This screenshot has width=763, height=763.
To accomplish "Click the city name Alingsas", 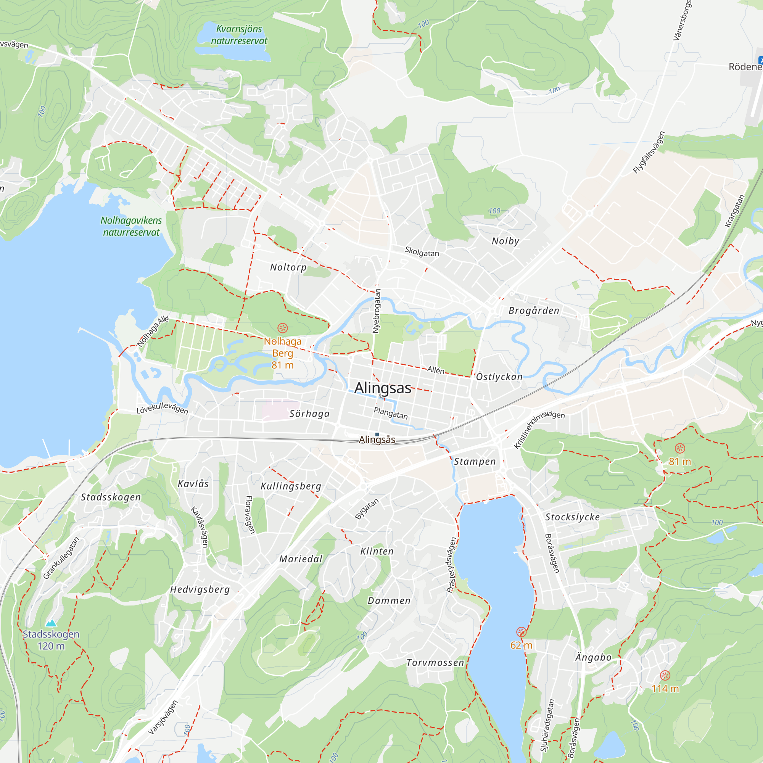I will pyautogui.click(x=383, y=388).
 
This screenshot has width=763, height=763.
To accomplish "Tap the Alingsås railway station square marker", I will pyautogui.click(x=377, y=435).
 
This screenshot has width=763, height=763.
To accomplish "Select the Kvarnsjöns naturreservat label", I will pyautogui.click(x=239, y=35).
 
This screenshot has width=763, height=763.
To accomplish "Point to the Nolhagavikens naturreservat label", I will pyautogui.click(x=131, y=226).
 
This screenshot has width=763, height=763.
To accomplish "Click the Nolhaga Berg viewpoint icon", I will pyautogui.click(x=282, y=328).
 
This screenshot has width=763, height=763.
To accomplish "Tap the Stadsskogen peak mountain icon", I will pyautogui.click(x=51, y=623).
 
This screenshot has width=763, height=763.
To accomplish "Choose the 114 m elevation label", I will pyautogui.click(x=665, y=689).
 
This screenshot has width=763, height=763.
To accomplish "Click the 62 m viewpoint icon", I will pyautogui.click(x=521, y=632).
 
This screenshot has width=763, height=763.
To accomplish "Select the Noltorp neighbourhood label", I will pyautogui.click(x=288, y=267).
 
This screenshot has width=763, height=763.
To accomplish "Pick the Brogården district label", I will pyautogui.click(x=534, y=311).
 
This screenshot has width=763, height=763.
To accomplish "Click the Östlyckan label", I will pyautogui.click(x=499, y=377).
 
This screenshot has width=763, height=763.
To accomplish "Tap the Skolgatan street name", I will pyautogui.click(x=422, y=251).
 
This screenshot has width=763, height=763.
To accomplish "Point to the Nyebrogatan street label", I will pyautogui.click(x=377, y=311).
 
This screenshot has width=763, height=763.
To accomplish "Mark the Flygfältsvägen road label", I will pyautogui.click(x=649, y=153).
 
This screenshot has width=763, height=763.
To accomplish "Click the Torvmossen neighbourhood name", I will pyautogui.click(x=435, y=663).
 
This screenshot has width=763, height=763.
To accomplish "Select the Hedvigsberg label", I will pyautogui.click(x=200, y=590).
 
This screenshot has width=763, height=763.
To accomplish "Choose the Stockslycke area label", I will pyautogui.click(x=573, y=517).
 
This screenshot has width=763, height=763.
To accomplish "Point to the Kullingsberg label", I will pyautogui.click(x=291, y=486).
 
